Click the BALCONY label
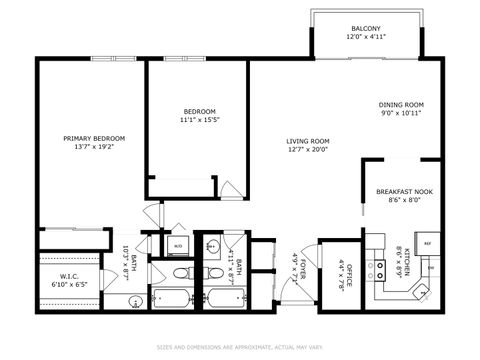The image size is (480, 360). click(x=364, y=28)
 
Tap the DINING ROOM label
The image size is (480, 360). click(x=400, y=104)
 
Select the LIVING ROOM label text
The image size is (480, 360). click(x=308, y=141)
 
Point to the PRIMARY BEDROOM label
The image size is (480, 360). click(x=94, y=138)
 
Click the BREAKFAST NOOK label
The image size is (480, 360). click(x=404, y=190)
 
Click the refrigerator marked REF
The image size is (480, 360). click(x=427, y=243)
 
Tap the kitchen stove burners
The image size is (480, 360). click(x=380, y=269)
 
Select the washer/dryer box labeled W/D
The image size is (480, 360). click(x=177, y=243)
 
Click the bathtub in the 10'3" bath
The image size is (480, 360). click(x=174, y=297)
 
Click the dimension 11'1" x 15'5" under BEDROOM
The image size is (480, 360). click(x=198, y=121)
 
